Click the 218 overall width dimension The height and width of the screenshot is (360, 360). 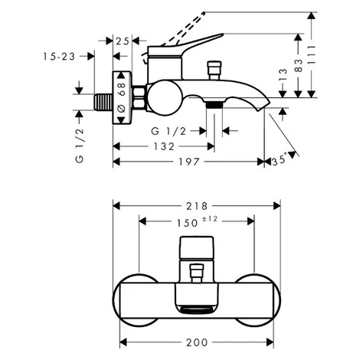tap(197, 206)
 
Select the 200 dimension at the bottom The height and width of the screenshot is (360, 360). tap(197, 342)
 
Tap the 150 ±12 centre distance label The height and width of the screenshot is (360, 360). tap(197, 221)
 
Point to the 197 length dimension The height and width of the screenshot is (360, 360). tap(188, 162)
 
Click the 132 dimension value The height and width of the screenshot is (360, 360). tap(164, 146)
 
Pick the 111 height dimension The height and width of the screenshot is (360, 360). tap(311, 58)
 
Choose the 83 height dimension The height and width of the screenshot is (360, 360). tap(298, 65)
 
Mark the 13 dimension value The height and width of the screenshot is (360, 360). tap(283, 74)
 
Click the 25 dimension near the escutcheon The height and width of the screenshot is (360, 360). tap(123, 41)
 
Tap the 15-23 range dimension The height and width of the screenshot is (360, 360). tap(59, 57)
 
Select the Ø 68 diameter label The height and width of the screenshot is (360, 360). tap(122, 97)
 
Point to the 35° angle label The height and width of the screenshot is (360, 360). tap(279, 160)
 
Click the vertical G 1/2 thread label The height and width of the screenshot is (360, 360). tap(80, 146)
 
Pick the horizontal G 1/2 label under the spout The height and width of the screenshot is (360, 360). tap(169, 131)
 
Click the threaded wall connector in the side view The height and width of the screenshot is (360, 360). tap(103, 102)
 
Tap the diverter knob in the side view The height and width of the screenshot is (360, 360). tap(214, 70)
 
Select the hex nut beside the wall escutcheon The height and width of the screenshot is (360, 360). tap(139, 99)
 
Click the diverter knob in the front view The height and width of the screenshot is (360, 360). tap(197, 273)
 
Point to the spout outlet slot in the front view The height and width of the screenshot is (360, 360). tap(197, 310)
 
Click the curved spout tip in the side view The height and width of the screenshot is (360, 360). tap(262, 104)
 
